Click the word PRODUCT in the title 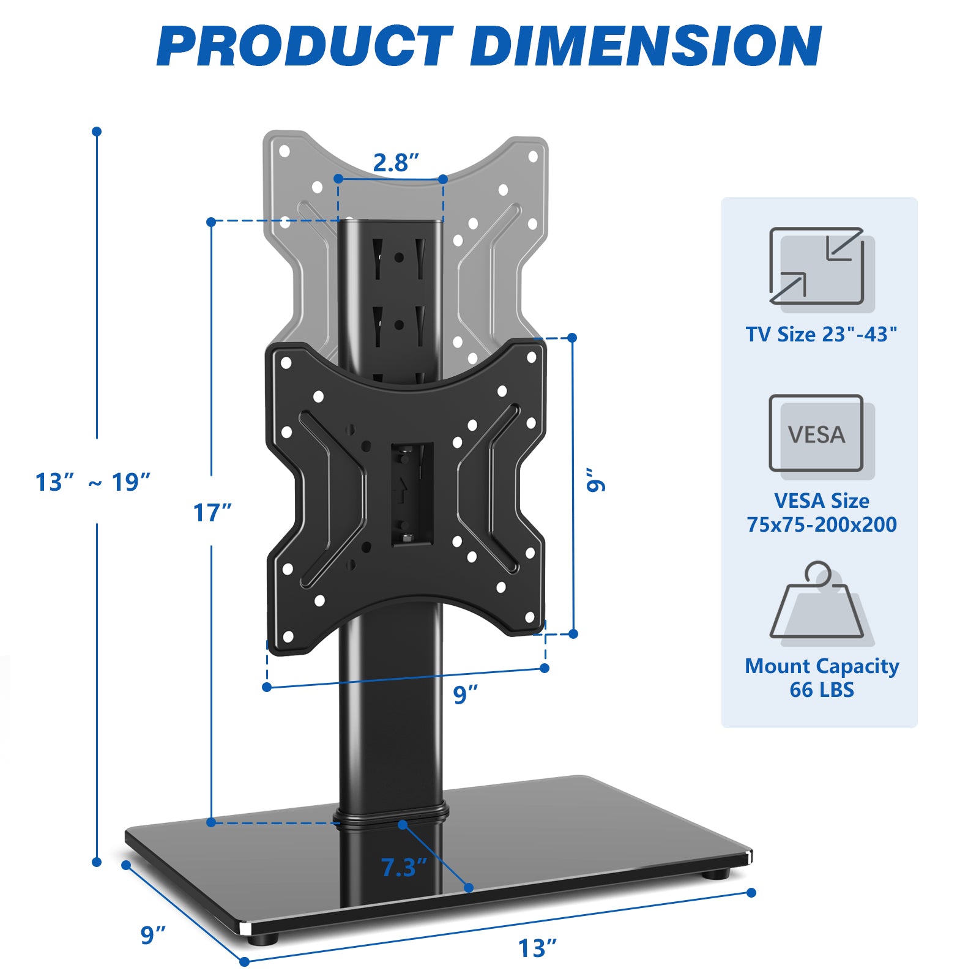[304, 47]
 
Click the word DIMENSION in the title [646, 47]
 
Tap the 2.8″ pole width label [396, 163]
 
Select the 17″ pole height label [212, 513]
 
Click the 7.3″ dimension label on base [403, 868]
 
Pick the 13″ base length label [537, 948]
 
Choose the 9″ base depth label [153, 935]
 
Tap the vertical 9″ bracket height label [595, 480]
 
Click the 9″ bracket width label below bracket [465, 694]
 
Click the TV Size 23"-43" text [821, 334]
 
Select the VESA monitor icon [818, 434]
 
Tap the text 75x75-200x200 [821, 524]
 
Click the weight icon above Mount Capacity [818, 603]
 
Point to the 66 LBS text [821, 690]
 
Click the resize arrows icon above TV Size [818, 266]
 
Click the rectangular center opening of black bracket [412, 493]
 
